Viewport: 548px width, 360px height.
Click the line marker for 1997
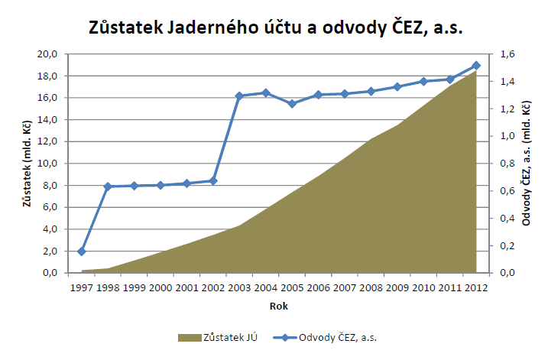[82, 251]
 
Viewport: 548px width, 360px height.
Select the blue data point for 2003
[239, 96]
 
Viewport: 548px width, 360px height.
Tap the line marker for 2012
[476, 66]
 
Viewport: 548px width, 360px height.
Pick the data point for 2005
[292, 103]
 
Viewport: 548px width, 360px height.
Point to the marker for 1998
[108, 186]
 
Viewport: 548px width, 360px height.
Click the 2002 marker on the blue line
[213, 180]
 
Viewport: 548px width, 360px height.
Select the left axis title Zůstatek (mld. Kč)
[28, 163]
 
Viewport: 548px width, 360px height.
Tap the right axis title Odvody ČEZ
[527, 163]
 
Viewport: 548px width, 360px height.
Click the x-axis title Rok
[279, 306]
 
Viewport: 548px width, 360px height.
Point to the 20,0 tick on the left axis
[48, 54]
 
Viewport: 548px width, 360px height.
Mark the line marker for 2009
[397, 86]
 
